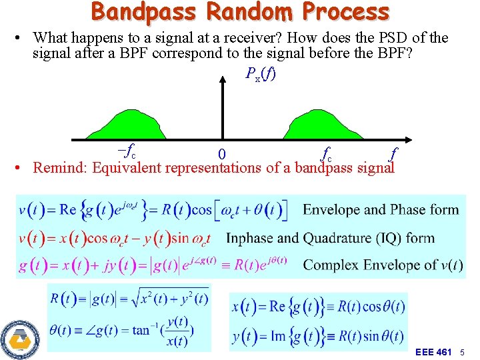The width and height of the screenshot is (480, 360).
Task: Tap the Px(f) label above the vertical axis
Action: click(260, 73)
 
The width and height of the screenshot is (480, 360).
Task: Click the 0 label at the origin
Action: click(222, 154)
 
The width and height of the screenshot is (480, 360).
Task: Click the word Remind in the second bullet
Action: click(61, 167)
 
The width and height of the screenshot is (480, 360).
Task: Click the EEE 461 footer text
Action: click(433, 351)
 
